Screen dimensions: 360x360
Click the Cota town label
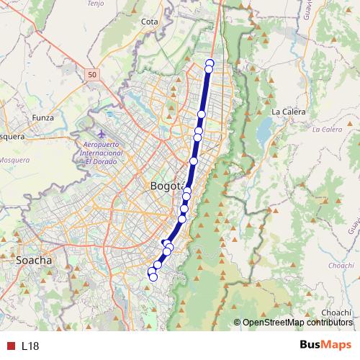[150, 22]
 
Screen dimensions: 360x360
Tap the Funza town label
[43, 117]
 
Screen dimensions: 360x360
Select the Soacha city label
[33, 259]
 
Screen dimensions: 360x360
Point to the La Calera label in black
[289, 112]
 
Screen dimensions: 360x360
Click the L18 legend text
[30, 346]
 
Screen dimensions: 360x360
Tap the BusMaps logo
[325, 345]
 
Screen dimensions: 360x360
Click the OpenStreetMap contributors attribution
[297, 323]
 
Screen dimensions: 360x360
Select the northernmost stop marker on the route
[210, 63]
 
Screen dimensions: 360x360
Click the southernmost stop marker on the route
[153, 277]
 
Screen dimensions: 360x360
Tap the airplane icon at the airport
[102, 134]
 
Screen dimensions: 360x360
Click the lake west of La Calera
[264, 130]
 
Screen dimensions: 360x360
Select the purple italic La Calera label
[327, 130]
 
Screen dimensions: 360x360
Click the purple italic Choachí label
[341, 266]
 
